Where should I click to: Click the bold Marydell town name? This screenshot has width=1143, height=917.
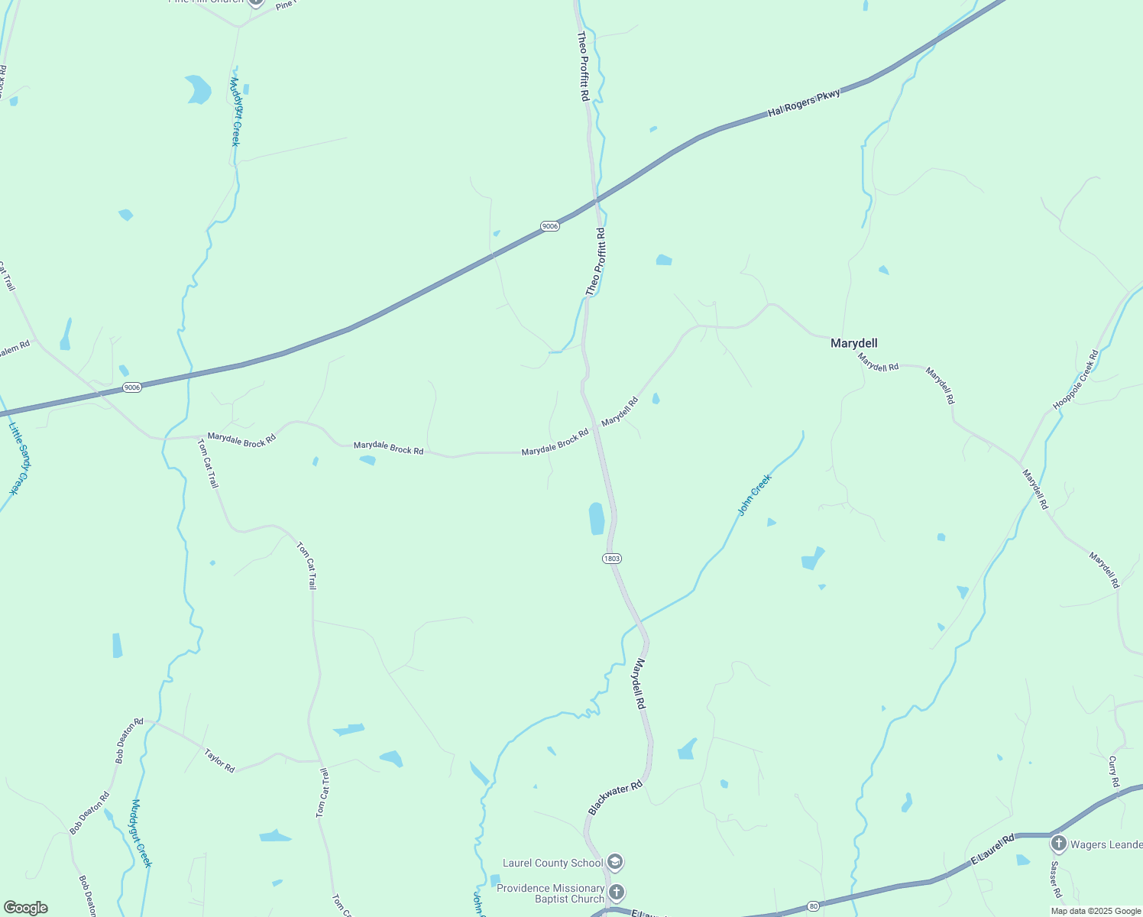(853, 344)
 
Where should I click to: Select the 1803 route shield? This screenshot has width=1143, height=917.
(611, 559)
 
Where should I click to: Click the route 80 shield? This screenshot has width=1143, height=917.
(813, 906)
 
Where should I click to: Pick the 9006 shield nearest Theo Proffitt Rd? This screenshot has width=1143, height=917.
(549, 226)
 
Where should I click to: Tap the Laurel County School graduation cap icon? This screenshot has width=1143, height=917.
(616, 863)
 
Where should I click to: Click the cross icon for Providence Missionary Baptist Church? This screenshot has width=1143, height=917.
(617, 892)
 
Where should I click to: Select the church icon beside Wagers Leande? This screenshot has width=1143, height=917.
(1058, 844)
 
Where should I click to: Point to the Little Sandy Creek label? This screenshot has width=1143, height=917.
(18, 458)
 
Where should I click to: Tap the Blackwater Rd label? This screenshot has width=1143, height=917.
(616, 798)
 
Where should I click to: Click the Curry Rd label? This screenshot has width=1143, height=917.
(1114, 771)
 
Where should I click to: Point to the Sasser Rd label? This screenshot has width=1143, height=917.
(1055, 880)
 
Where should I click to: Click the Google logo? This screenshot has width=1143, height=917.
(25, 908)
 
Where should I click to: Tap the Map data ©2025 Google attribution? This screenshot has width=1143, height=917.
(1095, 911)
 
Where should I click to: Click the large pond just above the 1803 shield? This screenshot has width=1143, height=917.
(597, 518)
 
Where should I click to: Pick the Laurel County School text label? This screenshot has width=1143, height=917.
(552, 863)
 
